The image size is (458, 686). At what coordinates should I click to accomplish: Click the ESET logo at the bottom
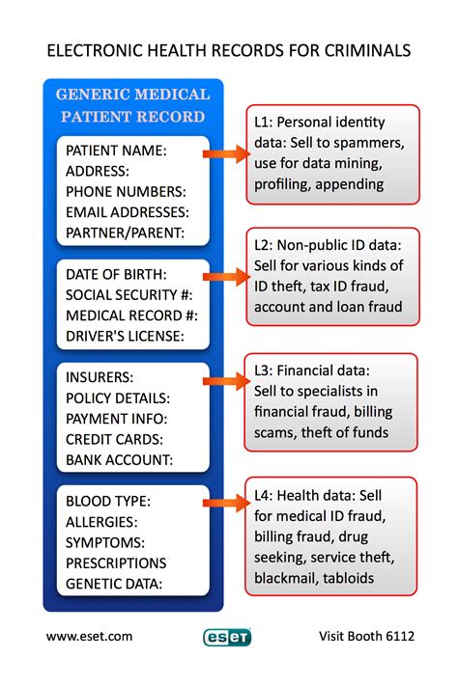point(227,637)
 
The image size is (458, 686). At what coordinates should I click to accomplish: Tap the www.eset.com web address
point(90,636)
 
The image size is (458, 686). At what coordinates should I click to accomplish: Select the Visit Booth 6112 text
point(366,636)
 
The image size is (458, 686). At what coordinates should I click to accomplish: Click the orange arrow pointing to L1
point(229,154)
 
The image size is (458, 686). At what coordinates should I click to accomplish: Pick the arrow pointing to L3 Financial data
point(229,382)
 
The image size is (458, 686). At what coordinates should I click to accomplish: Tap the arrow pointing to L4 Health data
point(229,503)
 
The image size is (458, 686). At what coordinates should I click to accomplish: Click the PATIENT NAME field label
point(116,151)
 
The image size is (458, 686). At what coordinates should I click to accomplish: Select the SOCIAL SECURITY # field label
point(129,294)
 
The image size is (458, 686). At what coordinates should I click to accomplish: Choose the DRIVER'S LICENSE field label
point(124,337)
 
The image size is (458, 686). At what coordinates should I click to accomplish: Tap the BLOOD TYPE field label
point(107,501)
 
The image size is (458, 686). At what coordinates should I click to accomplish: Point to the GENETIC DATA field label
point(114,583)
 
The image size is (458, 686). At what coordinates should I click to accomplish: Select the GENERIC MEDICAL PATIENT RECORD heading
point(132,105)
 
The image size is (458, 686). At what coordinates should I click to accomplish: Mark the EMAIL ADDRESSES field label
point(127,211)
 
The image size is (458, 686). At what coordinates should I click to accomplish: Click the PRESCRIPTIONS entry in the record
point(116,563)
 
